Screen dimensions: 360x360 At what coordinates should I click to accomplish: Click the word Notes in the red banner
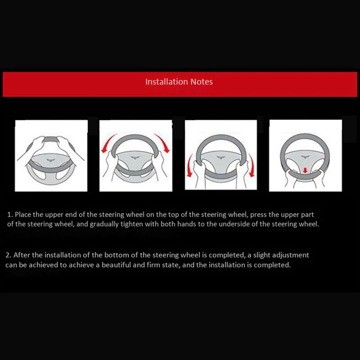(201, 82)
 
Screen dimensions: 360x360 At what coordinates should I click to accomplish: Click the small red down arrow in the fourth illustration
(305, 170)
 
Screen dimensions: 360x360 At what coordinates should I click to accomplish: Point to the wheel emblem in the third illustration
(220, 157)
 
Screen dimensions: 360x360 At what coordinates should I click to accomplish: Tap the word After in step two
(22, 255)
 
